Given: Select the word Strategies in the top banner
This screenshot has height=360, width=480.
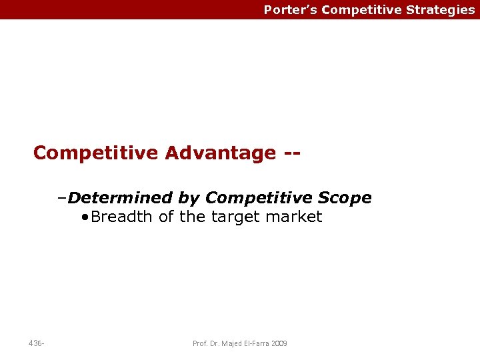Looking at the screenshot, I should pos(441,10).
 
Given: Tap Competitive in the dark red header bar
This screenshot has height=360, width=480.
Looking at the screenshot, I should pos(361,10).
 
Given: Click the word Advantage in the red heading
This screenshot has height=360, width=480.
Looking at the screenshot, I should pos(220,153).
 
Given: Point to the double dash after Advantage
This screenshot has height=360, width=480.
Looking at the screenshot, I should pos(291,153).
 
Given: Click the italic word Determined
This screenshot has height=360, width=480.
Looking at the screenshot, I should pos(121,198).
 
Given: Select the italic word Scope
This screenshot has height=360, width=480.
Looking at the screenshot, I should pos(345,198).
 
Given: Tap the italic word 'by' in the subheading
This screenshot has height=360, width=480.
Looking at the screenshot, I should pos(189,198).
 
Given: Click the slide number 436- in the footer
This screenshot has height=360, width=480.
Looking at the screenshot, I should pos(37,343).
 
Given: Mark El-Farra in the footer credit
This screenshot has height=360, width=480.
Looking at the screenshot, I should pos(257,343).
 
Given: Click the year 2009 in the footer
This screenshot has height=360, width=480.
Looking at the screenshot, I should pos(280,343).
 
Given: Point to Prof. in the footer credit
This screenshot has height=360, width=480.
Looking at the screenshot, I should pos(199,343).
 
